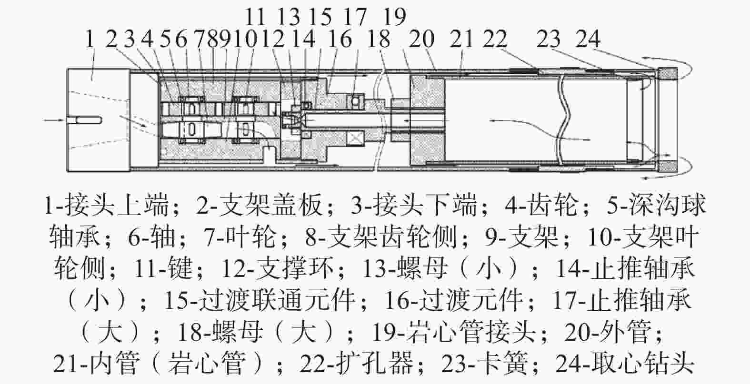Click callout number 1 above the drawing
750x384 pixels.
tap(90, 39)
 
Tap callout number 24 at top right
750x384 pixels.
tap(588, 39)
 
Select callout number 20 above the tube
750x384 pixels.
tap(421, 39)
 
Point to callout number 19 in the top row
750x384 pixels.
tap(395, 16)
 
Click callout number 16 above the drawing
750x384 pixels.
tap(340, 39)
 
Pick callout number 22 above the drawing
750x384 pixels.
tap(495, 39)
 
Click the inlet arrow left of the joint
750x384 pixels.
tap(53, 120)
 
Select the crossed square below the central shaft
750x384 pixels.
tap(356, 138)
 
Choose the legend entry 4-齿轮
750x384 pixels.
tap(541, 205)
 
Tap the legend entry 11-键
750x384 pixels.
tap(163, 268)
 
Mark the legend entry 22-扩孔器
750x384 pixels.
tap(357, 364)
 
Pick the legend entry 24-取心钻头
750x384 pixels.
tap(624, 364)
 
